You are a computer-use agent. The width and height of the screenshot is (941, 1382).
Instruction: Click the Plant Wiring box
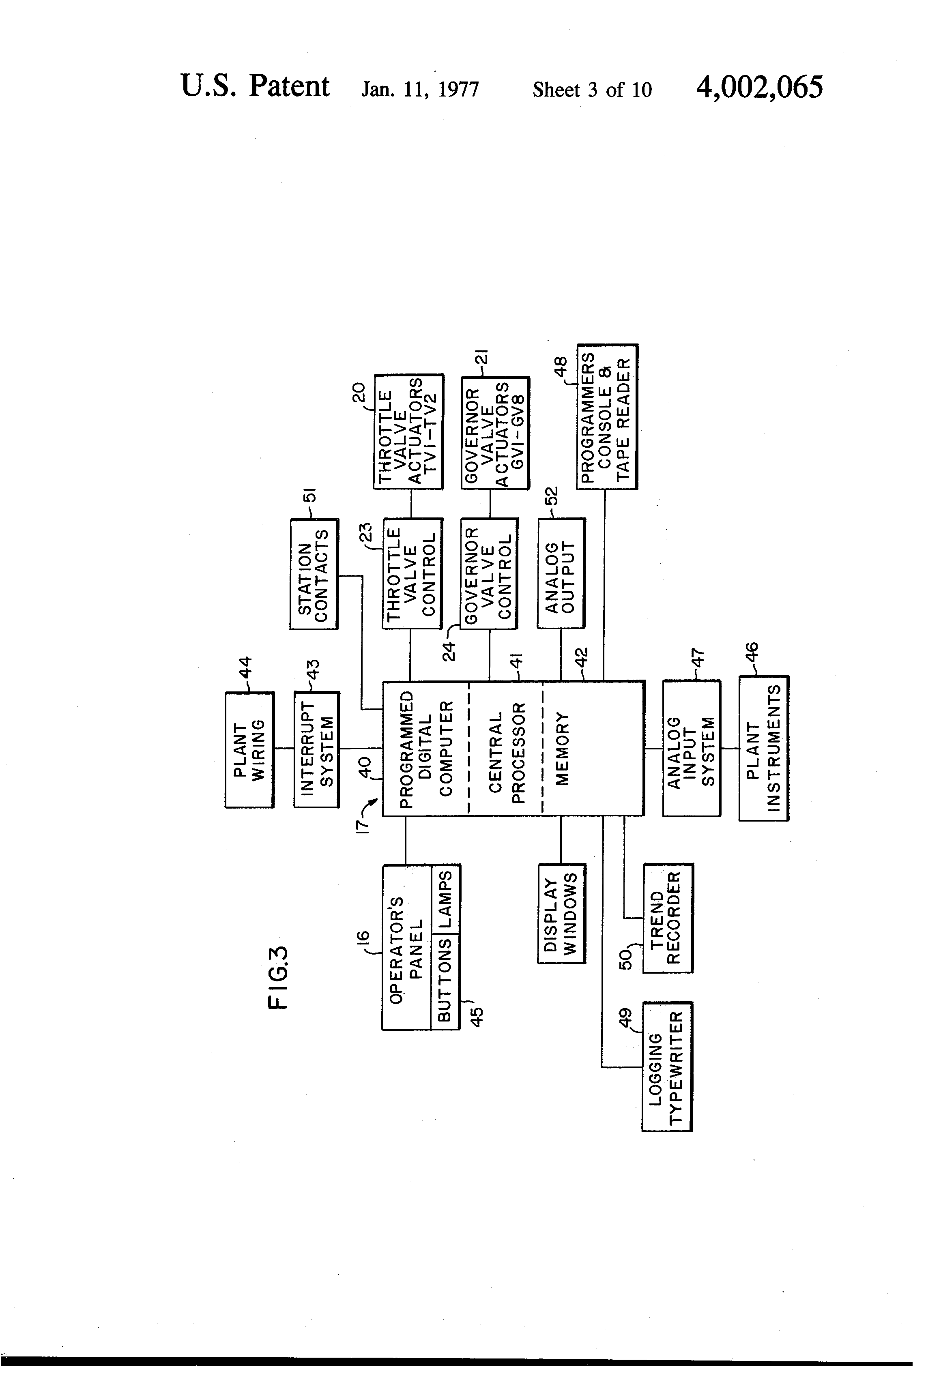point(249,749)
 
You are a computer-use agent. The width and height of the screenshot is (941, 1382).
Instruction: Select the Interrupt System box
point(316,749)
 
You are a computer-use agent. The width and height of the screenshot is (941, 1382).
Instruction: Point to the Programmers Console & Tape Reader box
point(607,417)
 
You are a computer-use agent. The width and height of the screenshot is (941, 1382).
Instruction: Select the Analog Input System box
point(691,748)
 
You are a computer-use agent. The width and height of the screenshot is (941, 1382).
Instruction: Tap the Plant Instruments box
point(764,748)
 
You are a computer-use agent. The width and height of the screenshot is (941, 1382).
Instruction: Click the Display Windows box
point(561,913)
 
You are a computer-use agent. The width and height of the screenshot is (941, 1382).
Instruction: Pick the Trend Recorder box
point(667,918)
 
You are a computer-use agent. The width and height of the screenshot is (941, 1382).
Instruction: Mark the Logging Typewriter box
point(667,1066)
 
